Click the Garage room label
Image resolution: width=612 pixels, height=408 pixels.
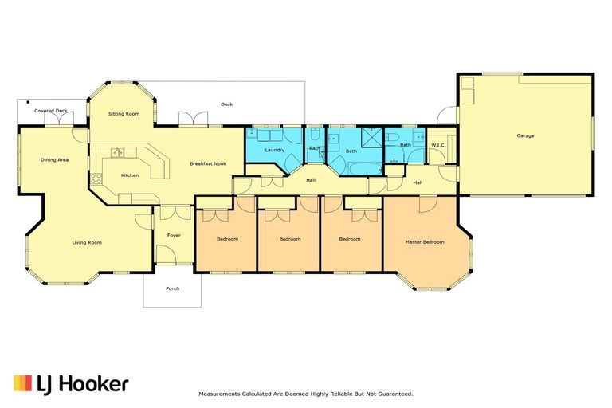tap(525, 136)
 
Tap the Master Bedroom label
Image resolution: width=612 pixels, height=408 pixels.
tap(425, 242)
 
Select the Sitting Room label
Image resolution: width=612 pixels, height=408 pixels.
tap(124, 114)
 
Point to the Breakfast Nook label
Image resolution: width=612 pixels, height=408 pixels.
tap(208, 163)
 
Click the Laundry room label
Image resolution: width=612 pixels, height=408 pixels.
tap(275, 150)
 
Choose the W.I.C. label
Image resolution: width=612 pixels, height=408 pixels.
tap(438, 145)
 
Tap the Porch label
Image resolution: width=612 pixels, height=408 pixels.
tap(172, 288)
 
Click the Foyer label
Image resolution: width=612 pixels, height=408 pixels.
tap(174, 235)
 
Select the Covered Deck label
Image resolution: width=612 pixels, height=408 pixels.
tap(51, 111)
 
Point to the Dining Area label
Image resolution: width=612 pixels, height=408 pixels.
tap(55, 160)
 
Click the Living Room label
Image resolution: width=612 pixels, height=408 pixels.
tap(87, 243)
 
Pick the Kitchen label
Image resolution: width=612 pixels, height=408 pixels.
tap(130, 175)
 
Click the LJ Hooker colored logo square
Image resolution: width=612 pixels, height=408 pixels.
tap(22, 383)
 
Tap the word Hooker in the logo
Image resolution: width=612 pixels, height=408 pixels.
tap(96, 384)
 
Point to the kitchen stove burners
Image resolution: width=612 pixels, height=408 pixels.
tap(96, 178)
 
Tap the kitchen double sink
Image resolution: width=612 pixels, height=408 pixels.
tap(117, 152)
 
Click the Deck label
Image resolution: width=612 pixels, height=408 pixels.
tap(227, 104)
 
